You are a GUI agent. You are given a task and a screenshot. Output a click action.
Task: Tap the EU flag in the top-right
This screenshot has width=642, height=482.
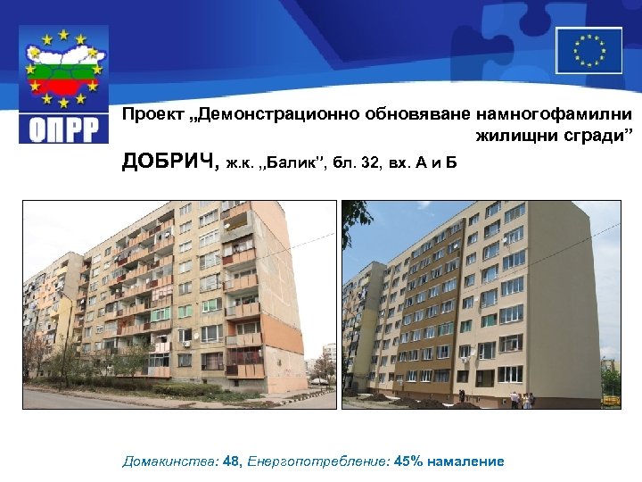588,50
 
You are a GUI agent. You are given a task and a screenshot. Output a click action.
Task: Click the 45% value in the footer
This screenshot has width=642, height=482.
409,461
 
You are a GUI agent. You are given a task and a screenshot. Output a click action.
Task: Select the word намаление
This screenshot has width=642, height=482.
465,461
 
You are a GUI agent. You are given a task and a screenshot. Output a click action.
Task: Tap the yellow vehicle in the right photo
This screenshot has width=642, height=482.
611,399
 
